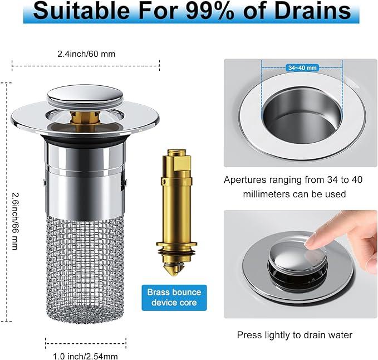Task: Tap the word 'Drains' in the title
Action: pos(312,11)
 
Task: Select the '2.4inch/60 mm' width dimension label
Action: pos(86,54)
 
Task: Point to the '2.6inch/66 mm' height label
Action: pos(15,221)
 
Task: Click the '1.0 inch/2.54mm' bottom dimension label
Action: pos(85,356)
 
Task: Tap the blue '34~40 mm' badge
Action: pos(302,68)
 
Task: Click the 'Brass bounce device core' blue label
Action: pos(174,298)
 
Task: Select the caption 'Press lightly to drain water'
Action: pos(294,335)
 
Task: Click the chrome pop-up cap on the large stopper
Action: pos(85,95)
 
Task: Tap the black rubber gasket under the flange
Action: pos(85,139)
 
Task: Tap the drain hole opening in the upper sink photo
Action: pos(302,115)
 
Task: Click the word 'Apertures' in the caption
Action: pos(245,180)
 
